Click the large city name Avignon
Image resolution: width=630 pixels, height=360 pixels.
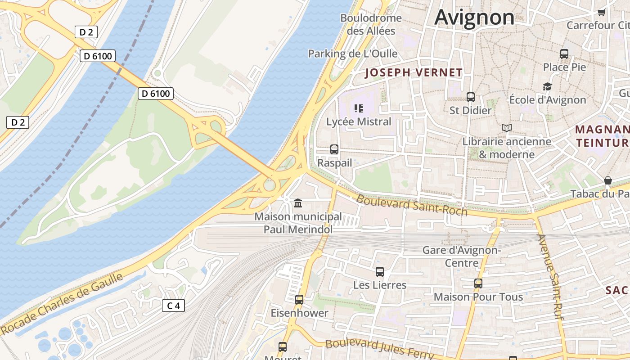(x=474, y=18)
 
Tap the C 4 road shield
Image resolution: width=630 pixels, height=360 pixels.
(x=173, y=306)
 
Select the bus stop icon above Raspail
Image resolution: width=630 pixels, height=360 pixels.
(x=334, y=149)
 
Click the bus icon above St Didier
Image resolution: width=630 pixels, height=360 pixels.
(x=471, y=97)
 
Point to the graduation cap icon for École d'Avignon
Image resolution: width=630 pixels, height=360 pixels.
(x=547, y=86)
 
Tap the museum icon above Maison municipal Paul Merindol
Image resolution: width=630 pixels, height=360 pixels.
(x=298, y=203)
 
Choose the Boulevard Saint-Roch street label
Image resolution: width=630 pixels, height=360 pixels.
(x=412, y=205)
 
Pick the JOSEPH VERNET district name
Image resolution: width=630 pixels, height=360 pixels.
(x=414, y=72)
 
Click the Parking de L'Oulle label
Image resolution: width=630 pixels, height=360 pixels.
(x=353, y=54)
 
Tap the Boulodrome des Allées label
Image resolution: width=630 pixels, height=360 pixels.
(x=371, y=24)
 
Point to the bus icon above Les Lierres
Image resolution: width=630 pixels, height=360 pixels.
(x=380, y=272)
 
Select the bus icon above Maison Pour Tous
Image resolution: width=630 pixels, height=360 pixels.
(x=478, y=283)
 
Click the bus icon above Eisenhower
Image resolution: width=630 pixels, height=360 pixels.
(x=299, y=299)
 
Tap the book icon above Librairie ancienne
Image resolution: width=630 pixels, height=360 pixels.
(x=507, y=128)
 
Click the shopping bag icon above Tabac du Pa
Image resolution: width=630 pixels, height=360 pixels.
(x=608, y=180)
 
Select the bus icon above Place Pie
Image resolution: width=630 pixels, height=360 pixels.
(x=564, y=54)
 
